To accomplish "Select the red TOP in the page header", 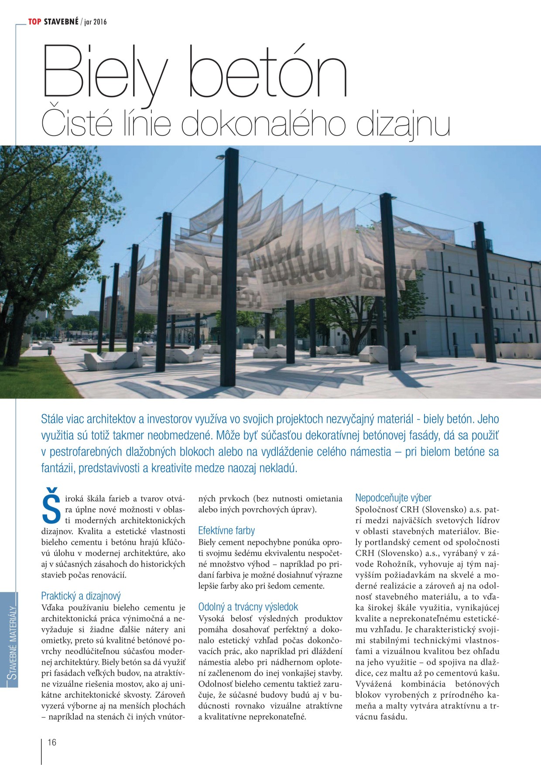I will pyautogui.click(x=34, y=21).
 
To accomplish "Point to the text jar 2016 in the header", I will pyautogui.click(x=95, y=22).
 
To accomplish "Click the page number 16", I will pyautogui.click(x=52, y=742).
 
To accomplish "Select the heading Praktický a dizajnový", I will pyautogui.click(x=81, y=596).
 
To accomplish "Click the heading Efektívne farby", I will pyautogui.click(x=226, y=530).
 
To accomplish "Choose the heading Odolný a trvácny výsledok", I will pyautogui.click(x=248, y=607).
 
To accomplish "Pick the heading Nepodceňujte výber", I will pyautogui.click(x=393, y=498).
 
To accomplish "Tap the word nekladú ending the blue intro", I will pyautogui.click(x=278, y=468).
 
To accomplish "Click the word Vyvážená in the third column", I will pyautogui.click(x=373, y=684).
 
